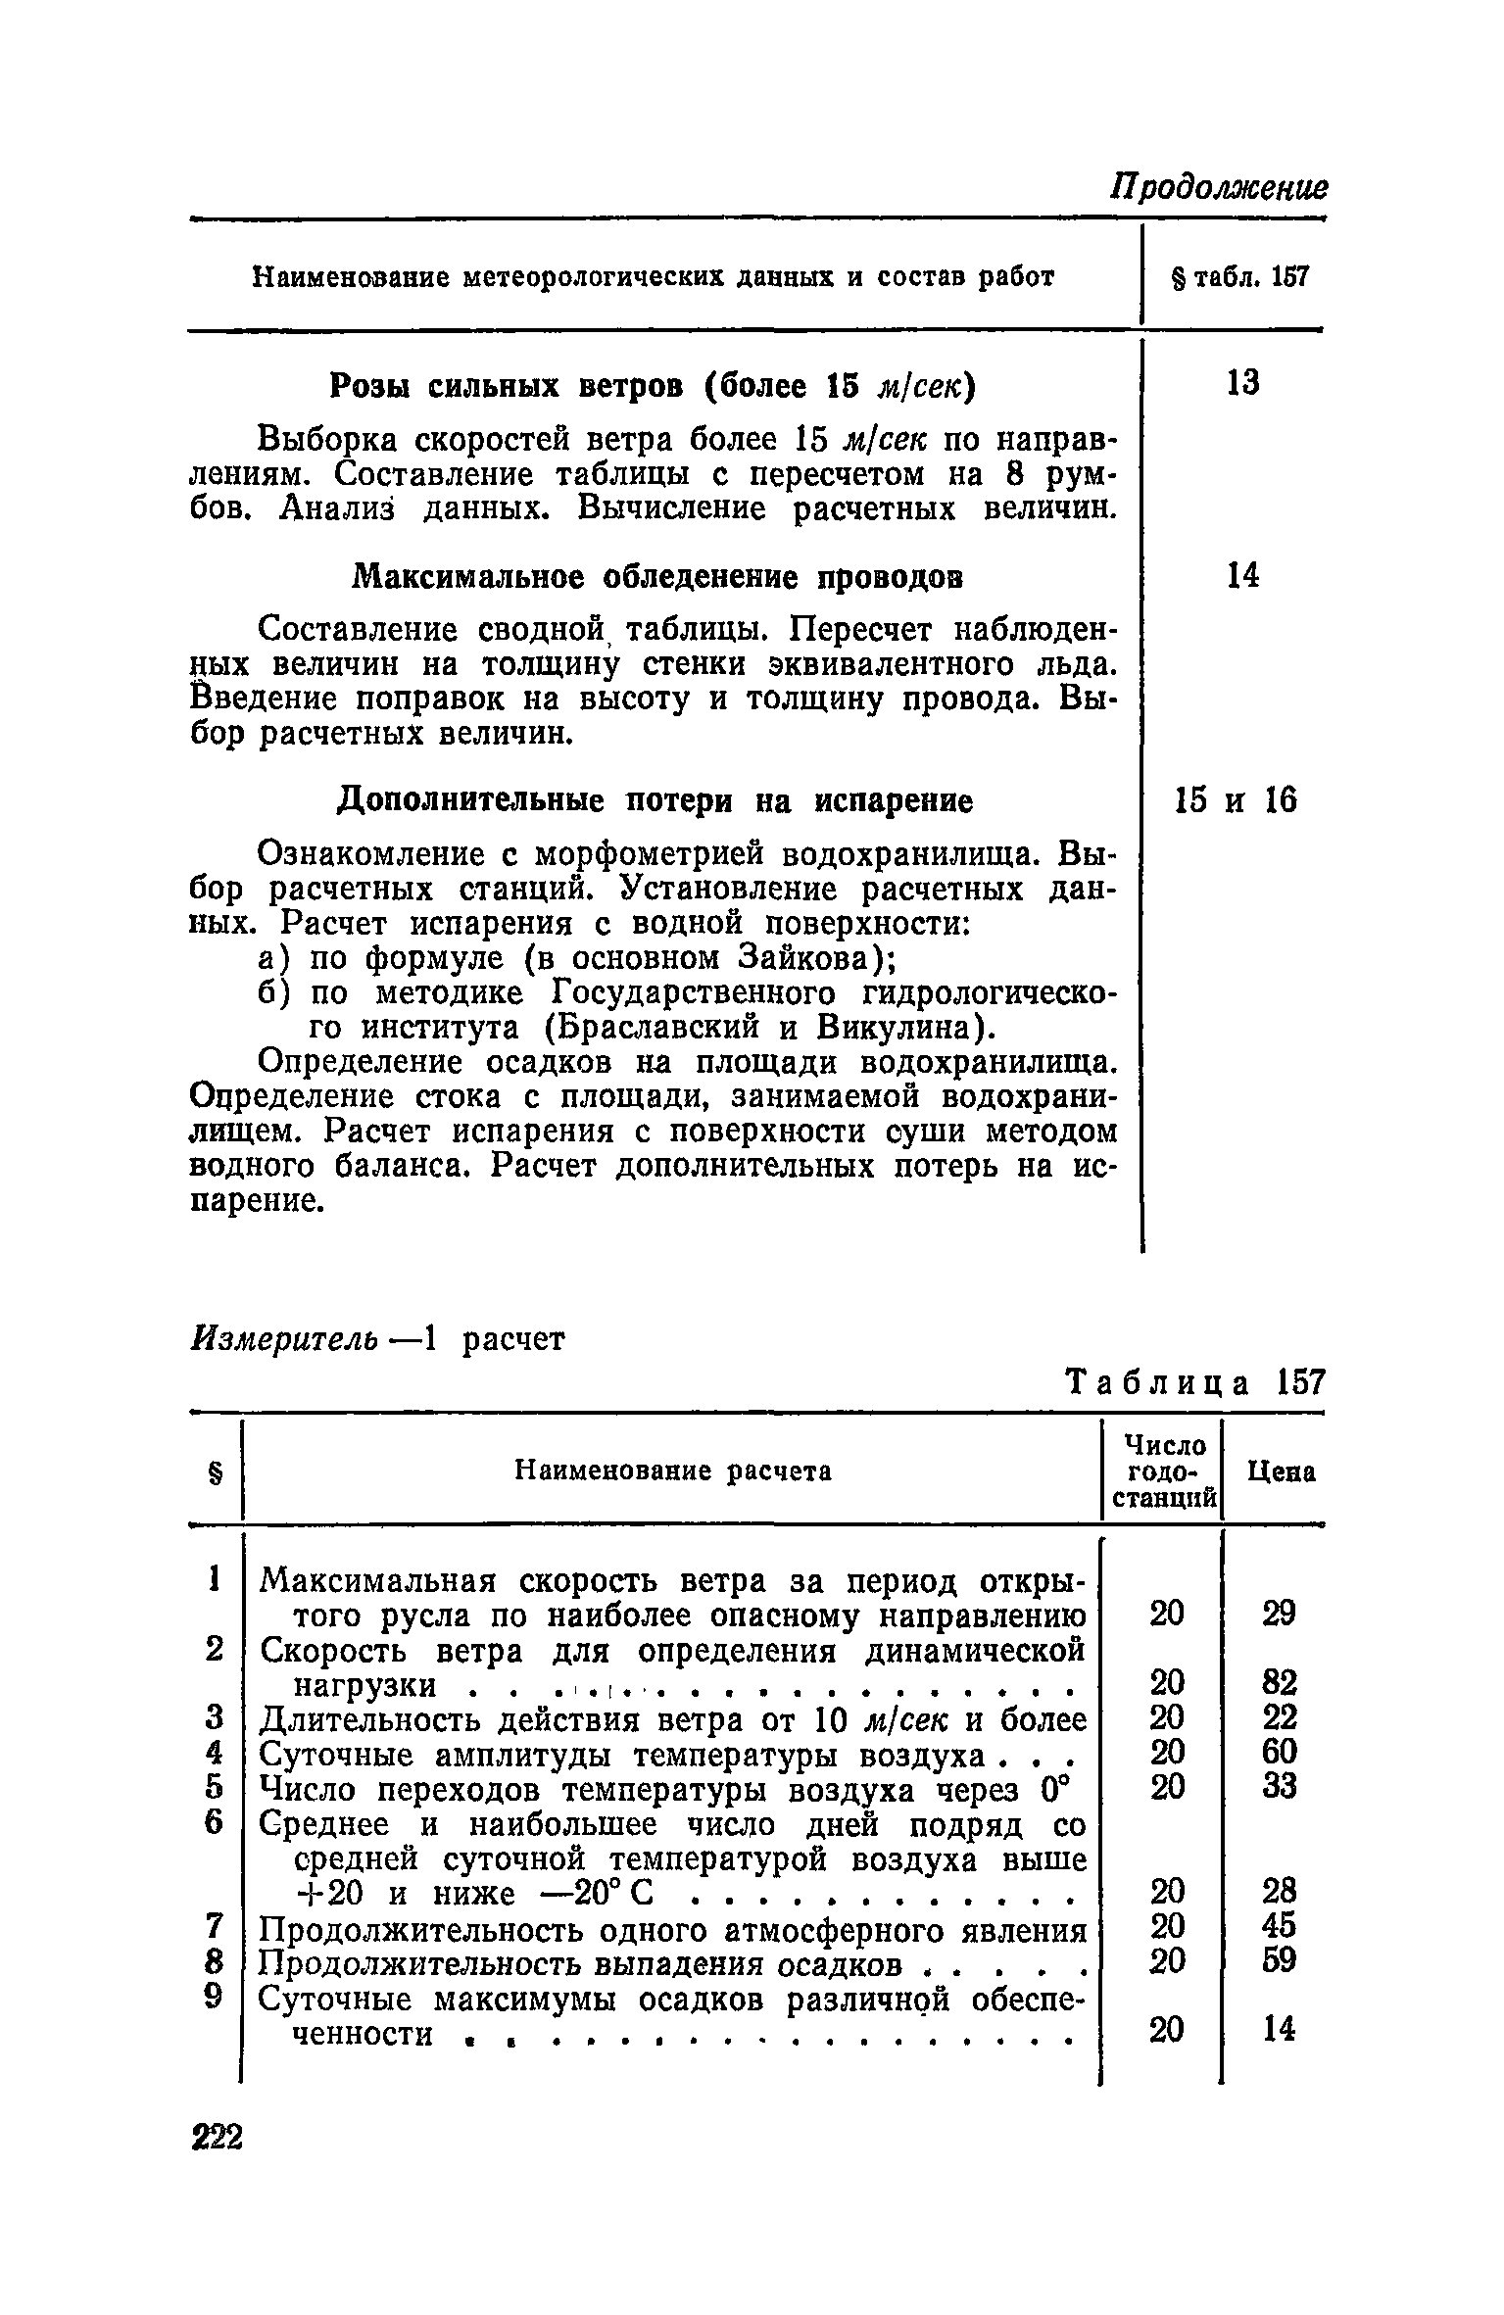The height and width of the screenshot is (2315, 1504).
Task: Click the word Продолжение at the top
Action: click(1218, 186)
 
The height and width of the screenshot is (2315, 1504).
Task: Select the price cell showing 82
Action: click(1279, 1683)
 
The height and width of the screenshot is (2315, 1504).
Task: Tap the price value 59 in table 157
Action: click(1279, 1960)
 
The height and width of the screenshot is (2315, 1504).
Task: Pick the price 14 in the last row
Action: click(1279, 2031)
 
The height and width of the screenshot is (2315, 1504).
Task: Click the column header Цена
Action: click(1281, 1471)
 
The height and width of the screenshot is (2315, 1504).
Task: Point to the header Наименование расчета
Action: click(673, 1471)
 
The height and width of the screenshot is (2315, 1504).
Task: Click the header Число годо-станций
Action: click(1163, 1471)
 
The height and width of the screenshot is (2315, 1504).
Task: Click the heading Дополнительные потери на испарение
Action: click(655, 801)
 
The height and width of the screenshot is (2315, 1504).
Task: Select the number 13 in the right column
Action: click(1242, 382)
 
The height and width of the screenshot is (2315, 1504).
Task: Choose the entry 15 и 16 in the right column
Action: click(1235, 801)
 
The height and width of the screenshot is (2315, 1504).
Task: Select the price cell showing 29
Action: click(1279, 1614)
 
